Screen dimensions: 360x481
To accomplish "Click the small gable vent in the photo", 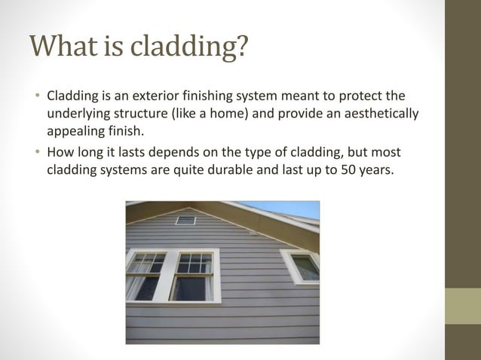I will point(185,220).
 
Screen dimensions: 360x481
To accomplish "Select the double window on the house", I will point(172,275).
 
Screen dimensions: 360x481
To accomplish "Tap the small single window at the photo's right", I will point(302,267).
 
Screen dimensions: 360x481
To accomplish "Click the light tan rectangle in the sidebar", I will point(462,306).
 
